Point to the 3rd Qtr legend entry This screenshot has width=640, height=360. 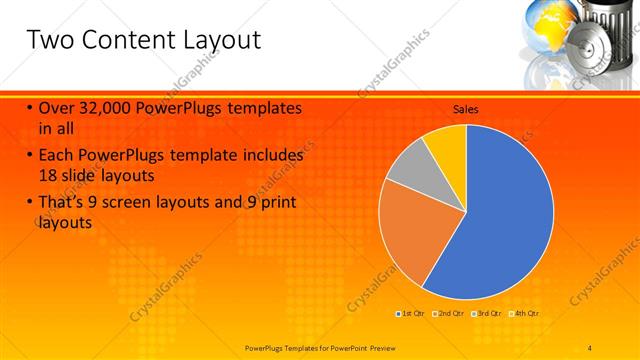click(x=488, y=314)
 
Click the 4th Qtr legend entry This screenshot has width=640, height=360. click(x=526, y=314)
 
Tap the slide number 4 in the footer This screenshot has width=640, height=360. click(x=590, y=347)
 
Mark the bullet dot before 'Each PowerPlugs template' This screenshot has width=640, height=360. click(x=30, y=156)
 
